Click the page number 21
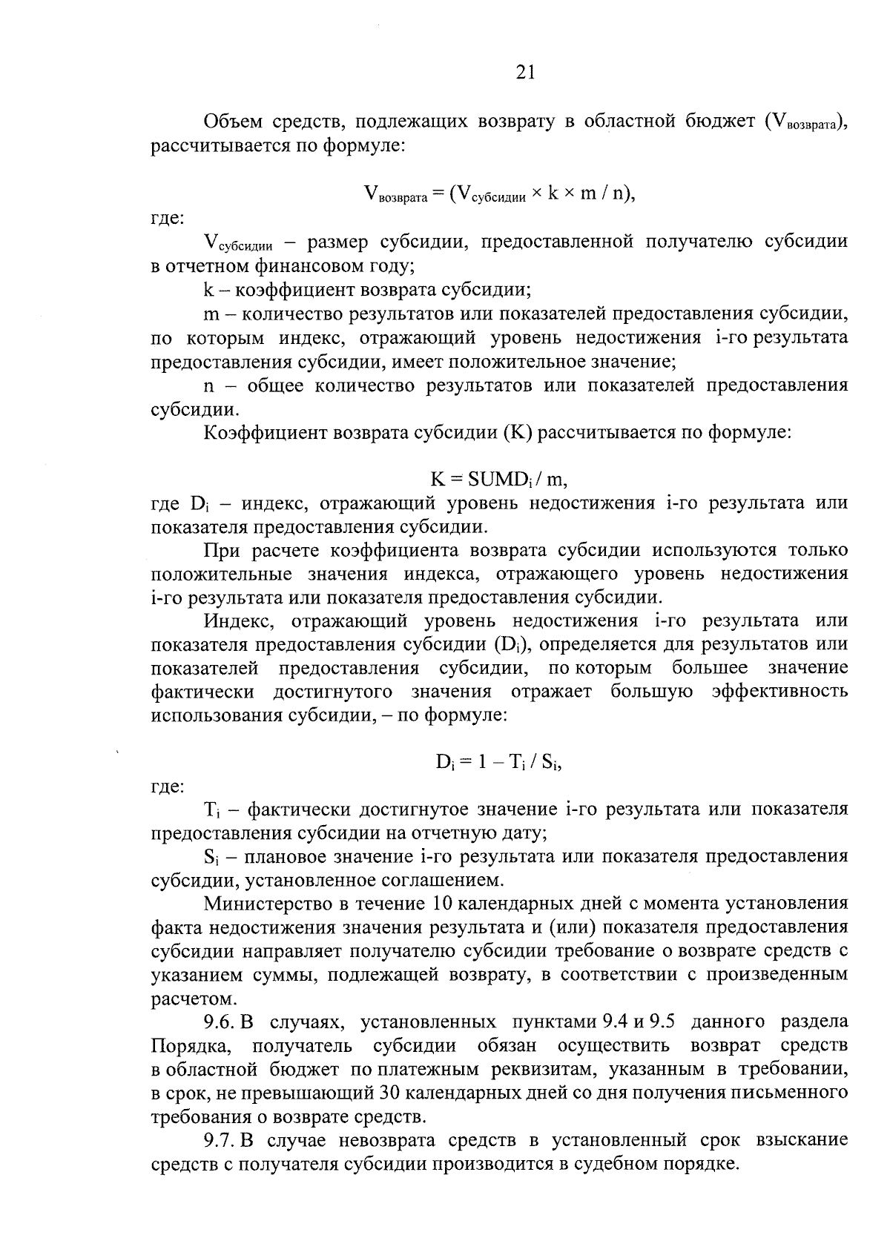pyautogui.click(x=524, y=71)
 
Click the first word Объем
pyautogui.click(x=229, y=121)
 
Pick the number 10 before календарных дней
pyautogui.click(x=438, y=903)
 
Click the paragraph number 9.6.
pyautogui.click(x=220, y=1022)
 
